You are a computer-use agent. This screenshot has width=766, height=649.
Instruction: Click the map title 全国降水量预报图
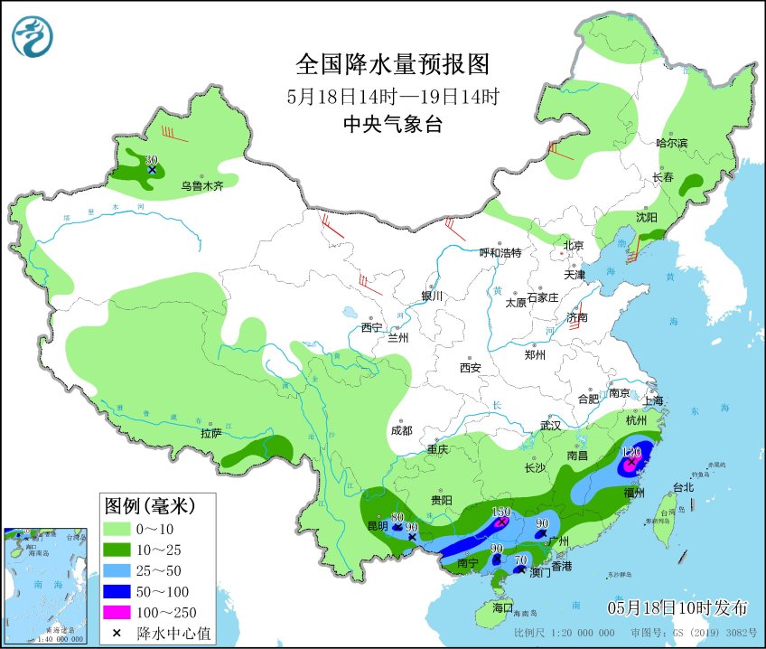click(x=392, y=64)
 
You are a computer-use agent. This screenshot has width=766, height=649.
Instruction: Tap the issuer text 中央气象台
click(x=392, y=126)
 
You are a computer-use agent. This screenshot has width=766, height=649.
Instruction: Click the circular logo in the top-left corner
click(x=33, y=35)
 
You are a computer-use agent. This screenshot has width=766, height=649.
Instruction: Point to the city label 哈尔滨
click(x=671, y=143)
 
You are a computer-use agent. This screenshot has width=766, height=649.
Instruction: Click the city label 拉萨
click(x=211, y=434)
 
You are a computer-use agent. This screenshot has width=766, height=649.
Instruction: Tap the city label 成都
click(x=402, y=430)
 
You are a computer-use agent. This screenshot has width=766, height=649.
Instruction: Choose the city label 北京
click(x=574, y=245)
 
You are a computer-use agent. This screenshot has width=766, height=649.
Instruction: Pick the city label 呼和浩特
click(x=500, y=253)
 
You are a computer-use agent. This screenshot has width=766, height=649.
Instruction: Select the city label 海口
click(x=501, y=607)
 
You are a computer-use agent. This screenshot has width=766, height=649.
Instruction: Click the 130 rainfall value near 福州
click(x=632, y=451)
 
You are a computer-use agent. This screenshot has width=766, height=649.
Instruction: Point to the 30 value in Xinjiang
click(x=151, y=160)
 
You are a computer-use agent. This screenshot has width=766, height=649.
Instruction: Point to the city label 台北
click(x=684, y=487)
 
